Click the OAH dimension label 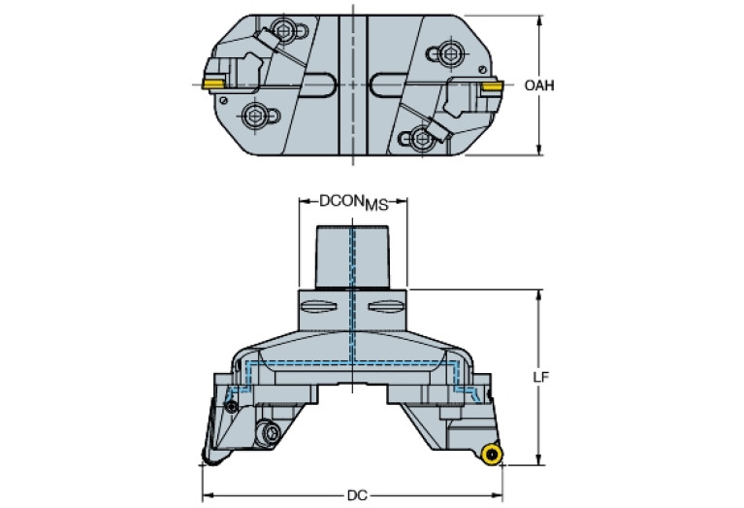pos(539,85)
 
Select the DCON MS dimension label pos(353,202)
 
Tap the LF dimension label pos(540,377)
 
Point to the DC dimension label pos(357,495)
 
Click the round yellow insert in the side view pos(492,455)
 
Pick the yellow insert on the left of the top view pos(213,85)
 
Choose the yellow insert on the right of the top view pos(492,87)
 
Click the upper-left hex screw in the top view pos(284,31)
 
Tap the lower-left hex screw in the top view pos(252,115)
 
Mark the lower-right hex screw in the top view pos(421,138)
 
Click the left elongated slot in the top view pos(319,85)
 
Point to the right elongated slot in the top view pos(389,85)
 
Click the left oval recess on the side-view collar pos(319,308)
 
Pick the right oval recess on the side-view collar pos(385,308)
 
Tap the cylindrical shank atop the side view pos(352,257)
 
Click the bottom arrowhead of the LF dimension pos(538,459)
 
